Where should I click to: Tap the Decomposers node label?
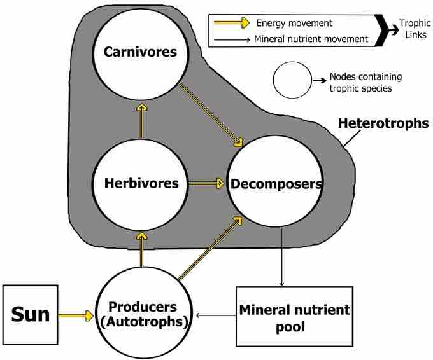275,184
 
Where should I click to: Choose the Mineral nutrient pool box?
294,318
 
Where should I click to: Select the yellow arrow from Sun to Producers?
75,314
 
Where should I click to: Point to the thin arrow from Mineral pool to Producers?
216,314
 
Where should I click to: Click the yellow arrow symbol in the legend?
230,24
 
